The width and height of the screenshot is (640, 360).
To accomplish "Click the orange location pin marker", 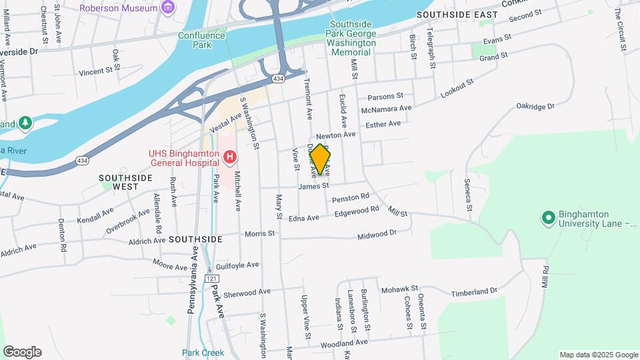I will (320, 159).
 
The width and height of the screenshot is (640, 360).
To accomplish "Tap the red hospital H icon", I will (230, 157).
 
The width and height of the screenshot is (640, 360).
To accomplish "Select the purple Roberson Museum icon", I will (168, 8).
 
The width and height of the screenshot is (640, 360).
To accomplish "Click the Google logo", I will (22, 352).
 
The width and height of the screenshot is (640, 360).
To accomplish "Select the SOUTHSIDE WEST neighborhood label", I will (125, 182).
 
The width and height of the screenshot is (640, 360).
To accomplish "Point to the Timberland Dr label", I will (474, 291).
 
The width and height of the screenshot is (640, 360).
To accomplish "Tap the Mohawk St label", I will (398, 290).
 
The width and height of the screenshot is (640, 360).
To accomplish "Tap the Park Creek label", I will (203, 353).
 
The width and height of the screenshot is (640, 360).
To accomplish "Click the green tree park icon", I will (25, 123).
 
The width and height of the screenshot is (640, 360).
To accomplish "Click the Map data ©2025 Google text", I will (598, 355).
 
